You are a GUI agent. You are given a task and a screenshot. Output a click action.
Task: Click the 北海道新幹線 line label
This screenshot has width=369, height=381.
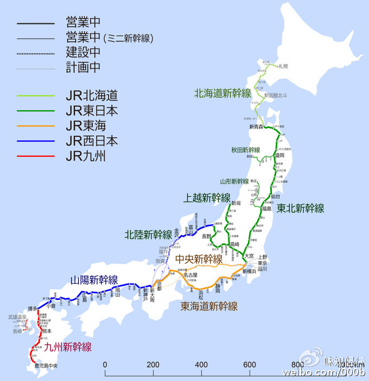[222, 93]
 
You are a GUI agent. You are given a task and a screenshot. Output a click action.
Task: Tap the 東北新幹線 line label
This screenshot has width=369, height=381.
[300, 208]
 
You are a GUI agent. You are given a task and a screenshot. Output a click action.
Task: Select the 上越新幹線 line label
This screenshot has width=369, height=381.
[207, 198]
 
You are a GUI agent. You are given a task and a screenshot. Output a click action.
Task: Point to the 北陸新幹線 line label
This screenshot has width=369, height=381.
[148, 234]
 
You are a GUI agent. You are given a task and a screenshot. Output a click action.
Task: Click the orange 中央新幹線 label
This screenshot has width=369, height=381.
[199, 260]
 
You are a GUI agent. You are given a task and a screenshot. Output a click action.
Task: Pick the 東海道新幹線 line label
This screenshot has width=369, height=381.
[209, 307]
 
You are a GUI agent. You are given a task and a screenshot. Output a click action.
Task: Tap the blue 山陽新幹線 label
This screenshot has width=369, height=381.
[94, 280]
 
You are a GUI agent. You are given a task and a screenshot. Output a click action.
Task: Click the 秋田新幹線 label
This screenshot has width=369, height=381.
[244, 150]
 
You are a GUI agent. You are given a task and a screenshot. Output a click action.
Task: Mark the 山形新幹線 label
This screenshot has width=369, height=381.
[235, 181]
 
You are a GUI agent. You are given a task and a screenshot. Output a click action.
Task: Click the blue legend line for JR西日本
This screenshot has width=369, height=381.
[35, 142]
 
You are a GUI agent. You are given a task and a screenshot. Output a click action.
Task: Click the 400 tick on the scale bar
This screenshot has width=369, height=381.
[202, 364]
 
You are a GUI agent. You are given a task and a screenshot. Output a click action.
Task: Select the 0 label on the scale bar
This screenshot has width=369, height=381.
[105, 364]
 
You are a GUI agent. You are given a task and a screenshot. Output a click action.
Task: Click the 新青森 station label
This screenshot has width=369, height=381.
[256, 127]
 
